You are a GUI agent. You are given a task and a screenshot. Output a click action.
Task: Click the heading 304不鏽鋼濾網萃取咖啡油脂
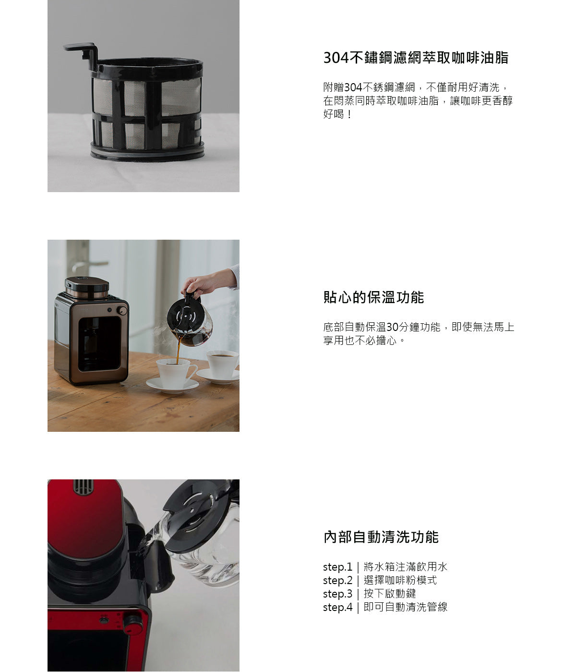coord(416,58)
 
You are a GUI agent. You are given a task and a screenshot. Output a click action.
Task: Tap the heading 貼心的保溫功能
coord(373,297)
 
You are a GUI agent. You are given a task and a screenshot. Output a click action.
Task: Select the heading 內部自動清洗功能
coord(381,537)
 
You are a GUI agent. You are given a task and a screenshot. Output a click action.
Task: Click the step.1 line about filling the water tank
coord(385,567)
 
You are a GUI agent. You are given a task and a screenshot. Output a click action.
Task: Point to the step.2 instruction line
coord(380,580)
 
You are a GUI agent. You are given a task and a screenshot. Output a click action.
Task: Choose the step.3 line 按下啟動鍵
coord(369,594)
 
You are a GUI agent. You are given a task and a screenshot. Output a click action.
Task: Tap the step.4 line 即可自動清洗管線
coord(385,607)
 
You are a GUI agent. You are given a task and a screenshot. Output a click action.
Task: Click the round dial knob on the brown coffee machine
coord(122,310)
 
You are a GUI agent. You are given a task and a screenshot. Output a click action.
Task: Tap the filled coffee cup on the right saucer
coord(222,362)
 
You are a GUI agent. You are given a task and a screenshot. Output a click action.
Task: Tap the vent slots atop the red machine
coord(83,486)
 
